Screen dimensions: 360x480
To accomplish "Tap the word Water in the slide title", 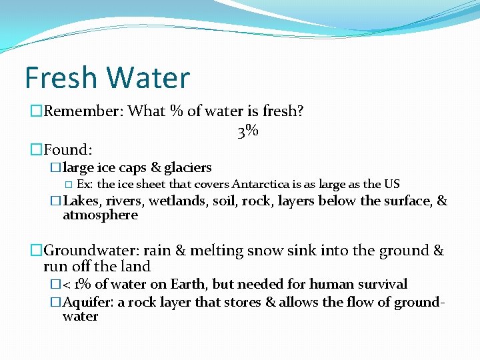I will tap(148, 78).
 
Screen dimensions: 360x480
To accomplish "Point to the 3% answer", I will tap(247, 131).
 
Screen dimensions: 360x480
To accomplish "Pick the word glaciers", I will tap(188, 167).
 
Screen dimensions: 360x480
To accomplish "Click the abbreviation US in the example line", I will tap(392, 184).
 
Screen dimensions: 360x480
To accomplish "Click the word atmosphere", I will tap(100, 215).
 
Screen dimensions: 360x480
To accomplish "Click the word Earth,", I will tap(188, 284).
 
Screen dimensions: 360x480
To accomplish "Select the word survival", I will tap(382, 284).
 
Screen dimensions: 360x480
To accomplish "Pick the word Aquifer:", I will tap(88, 302).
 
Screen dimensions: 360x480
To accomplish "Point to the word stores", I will tap(237, 302).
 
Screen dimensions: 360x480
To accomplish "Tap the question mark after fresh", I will tap(300, 111).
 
